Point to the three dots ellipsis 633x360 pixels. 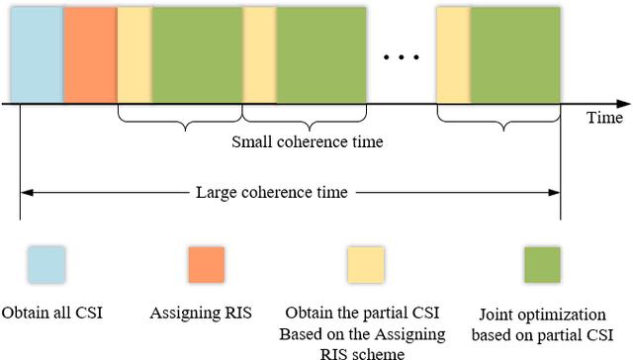point(401,56)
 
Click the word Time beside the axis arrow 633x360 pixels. point(604,118)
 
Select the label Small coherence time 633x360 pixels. point(307,141)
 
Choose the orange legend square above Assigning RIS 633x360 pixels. point(206,265)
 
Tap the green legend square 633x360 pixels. point(541,265)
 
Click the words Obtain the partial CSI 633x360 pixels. point(364,313)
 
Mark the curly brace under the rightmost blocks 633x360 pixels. point(500,124)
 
